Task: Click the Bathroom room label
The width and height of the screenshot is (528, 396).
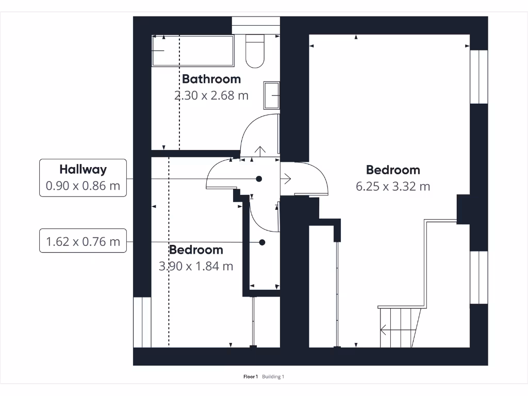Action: pos(211,79)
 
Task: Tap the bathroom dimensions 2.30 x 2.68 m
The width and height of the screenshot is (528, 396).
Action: pos(211,95)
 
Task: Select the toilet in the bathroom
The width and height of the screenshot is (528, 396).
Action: pos(254,51)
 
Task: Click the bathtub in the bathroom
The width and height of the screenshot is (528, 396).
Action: pos(193,51)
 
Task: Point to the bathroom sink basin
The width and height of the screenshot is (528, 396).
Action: pos(271,95)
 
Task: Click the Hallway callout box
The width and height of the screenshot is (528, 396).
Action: pos(83,177)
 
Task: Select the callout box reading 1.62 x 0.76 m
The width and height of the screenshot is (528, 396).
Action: pos(83,241)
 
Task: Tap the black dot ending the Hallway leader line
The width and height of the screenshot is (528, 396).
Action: pos(259,178)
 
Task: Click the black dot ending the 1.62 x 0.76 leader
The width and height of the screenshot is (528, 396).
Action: pos(262,242)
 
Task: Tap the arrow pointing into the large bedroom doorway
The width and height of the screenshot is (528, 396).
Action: pos(286,178)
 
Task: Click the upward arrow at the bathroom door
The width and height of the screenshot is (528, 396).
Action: pos(260,151)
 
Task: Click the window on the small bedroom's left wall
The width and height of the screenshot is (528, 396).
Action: pos(142,322)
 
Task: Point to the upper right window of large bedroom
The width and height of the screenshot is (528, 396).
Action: pos(478,76)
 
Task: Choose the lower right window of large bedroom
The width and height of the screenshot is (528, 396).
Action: pos(478,277)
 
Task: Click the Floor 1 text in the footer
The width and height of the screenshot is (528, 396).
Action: pos(251,377)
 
